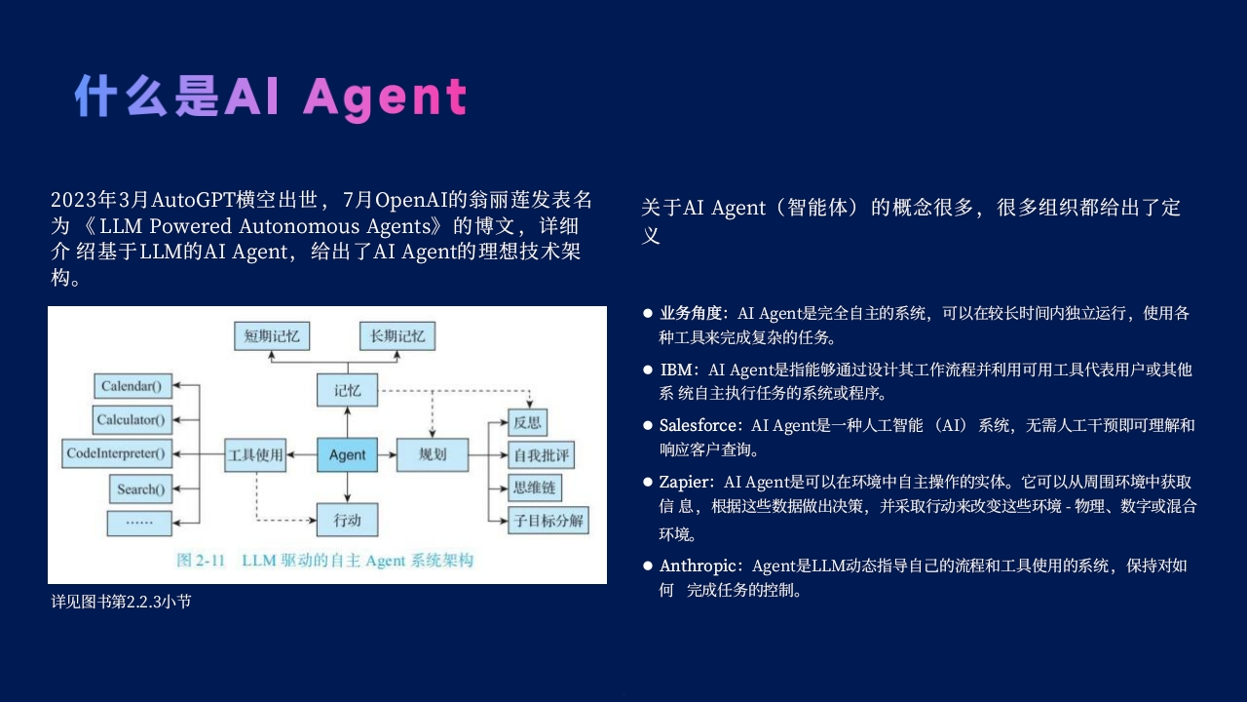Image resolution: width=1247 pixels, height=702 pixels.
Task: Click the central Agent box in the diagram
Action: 348,454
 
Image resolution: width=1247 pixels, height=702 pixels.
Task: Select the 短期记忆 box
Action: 272,336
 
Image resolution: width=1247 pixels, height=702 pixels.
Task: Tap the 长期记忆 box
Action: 397,336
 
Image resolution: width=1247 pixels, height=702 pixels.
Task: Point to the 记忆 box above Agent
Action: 348,390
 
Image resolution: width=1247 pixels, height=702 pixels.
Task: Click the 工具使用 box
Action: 255,454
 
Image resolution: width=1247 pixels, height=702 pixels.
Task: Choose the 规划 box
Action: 433,454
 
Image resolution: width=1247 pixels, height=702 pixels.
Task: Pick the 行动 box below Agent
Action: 348,520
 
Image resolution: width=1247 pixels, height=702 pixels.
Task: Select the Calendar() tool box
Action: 132,385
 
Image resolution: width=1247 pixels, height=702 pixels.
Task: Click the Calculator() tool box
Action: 132,419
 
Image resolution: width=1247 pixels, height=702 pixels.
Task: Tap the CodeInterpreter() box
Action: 117,453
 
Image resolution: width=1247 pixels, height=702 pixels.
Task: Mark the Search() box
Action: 140,489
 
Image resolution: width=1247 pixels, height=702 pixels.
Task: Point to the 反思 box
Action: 527,422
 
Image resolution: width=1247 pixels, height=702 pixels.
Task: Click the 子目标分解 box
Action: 548,521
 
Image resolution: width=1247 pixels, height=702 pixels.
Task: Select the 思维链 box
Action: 535,488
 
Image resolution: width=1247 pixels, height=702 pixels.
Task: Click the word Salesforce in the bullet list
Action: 698,426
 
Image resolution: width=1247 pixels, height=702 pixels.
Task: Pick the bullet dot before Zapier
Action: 648,482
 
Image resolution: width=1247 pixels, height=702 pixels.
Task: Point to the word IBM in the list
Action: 676,370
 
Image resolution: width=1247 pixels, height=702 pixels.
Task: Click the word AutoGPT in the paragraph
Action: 193,200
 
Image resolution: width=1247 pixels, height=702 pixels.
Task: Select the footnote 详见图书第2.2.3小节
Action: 122,602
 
